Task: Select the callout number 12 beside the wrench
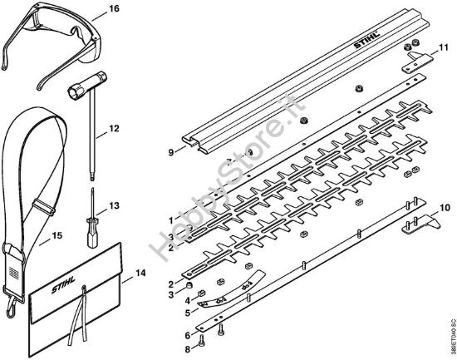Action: (114, 129)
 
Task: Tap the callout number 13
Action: (114, 205)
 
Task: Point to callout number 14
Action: (140, 272)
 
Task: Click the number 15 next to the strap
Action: (57, 236)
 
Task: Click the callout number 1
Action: (171, 219)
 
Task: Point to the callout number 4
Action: (188, 300)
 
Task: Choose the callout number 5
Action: (188, 313)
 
